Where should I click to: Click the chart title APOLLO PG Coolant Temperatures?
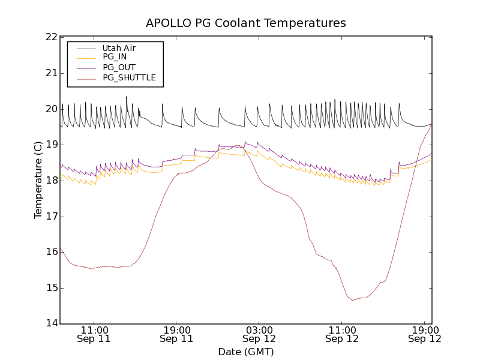pos(246,23)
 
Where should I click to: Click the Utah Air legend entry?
pos(119,48)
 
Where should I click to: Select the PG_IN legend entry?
pos(115,57)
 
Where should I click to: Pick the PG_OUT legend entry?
pos(119,67)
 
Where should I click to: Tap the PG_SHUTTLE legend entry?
pos(129,77)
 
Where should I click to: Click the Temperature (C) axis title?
pos(38,180)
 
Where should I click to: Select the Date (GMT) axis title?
pos(246,352)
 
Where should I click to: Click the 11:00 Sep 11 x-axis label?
pos(95,334)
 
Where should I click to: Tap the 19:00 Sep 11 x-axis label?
pos(177,334)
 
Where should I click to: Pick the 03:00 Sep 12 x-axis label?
pos(259,334)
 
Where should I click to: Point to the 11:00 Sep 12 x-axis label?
pos(342,334)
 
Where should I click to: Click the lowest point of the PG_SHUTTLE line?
pos(353,299)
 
